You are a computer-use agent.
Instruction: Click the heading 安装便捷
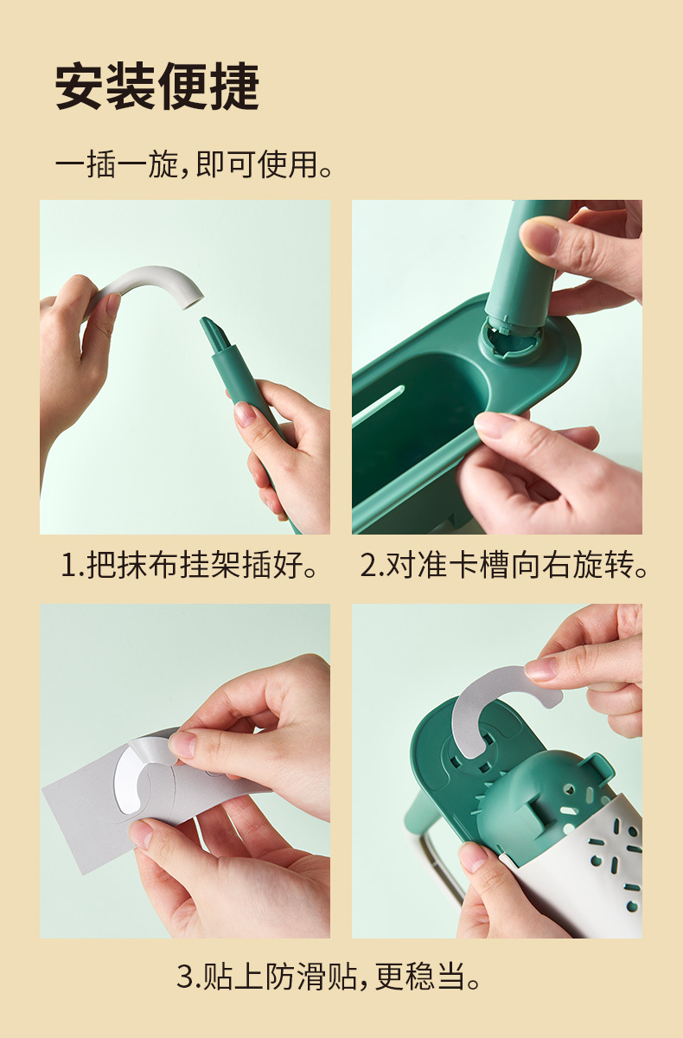click(x=156, y=87)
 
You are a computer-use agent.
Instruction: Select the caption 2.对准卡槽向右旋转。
click(x=504, y=566)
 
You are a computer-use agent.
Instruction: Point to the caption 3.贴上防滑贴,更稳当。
click(x=329, y=977)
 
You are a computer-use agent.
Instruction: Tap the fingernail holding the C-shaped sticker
click(x=541, y=669)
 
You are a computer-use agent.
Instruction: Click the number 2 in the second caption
click(x=369, y=567)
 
